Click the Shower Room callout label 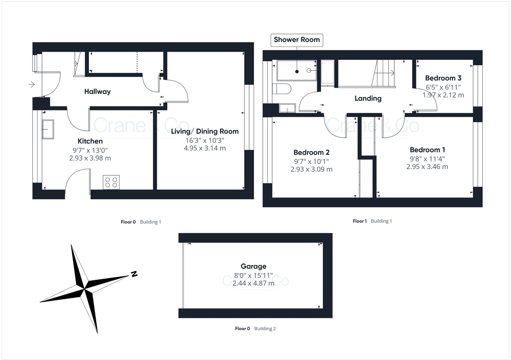tap(297, 40)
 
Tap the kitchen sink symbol tap(48, 129)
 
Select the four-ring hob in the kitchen tap(111, 182)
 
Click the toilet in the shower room tap(281, 89)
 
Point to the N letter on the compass tap(134, 274)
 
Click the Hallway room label tap(97, 92)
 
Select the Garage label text tap(253, 266)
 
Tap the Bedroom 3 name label tap(443, 78)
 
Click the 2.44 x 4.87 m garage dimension tap(253, 283)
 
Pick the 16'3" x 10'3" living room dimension tap(205, 140)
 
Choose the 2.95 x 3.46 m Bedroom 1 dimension tap(427, 166)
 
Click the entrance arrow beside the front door tap(31, 84)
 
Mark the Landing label tap(368, 98)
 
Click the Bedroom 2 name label tap(311, 152)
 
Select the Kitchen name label tap(90, 141)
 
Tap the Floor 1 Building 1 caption tap(372, 221)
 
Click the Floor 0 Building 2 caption tap(255, 329)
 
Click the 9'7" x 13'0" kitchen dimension tap(90, 150)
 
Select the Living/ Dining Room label tap(205, 131)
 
